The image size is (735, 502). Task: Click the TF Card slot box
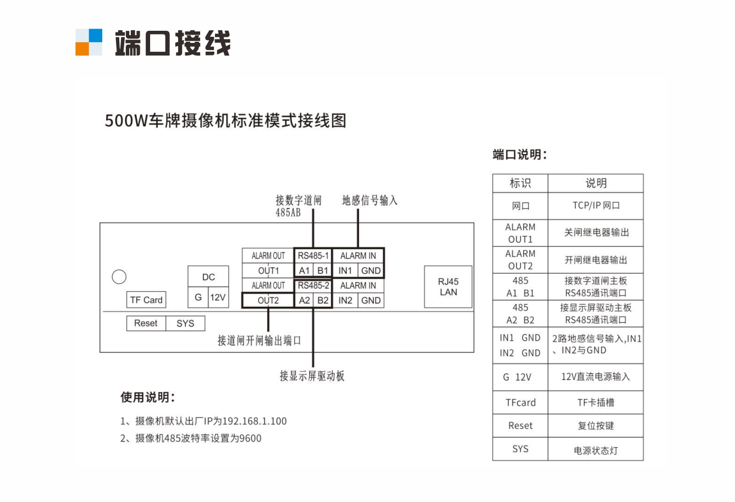point(146,300)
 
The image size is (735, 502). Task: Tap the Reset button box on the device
point(146,323)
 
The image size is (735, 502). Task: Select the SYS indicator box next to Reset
point(185,323)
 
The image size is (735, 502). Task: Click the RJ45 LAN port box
point(448,287)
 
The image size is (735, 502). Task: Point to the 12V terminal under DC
point(218,297)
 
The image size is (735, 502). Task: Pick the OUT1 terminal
point(268,271)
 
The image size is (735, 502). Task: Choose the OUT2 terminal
point(268,300)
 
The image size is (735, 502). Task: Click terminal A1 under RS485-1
point(305,271)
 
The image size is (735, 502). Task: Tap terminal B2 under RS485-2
point(323,300)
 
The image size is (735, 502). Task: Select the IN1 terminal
point(345,271)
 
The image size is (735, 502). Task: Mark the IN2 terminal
point(345,300)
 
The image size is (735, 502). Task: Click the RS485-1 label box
point(313,256)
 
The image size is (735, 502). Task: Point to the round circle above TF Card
point(119,277)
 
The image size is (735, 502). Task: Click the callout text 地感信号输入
point(369,201)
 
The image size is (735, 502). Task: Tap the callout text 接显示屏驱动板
point(312,376)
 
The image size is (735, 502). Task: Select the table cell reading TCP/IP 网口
point(596,206)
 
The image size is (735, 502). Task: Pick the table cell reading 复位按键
point(596,426)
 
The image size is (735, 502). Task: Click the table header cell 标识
point(520,183)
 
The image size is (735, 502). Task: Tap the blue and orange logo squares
point(89,42)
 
